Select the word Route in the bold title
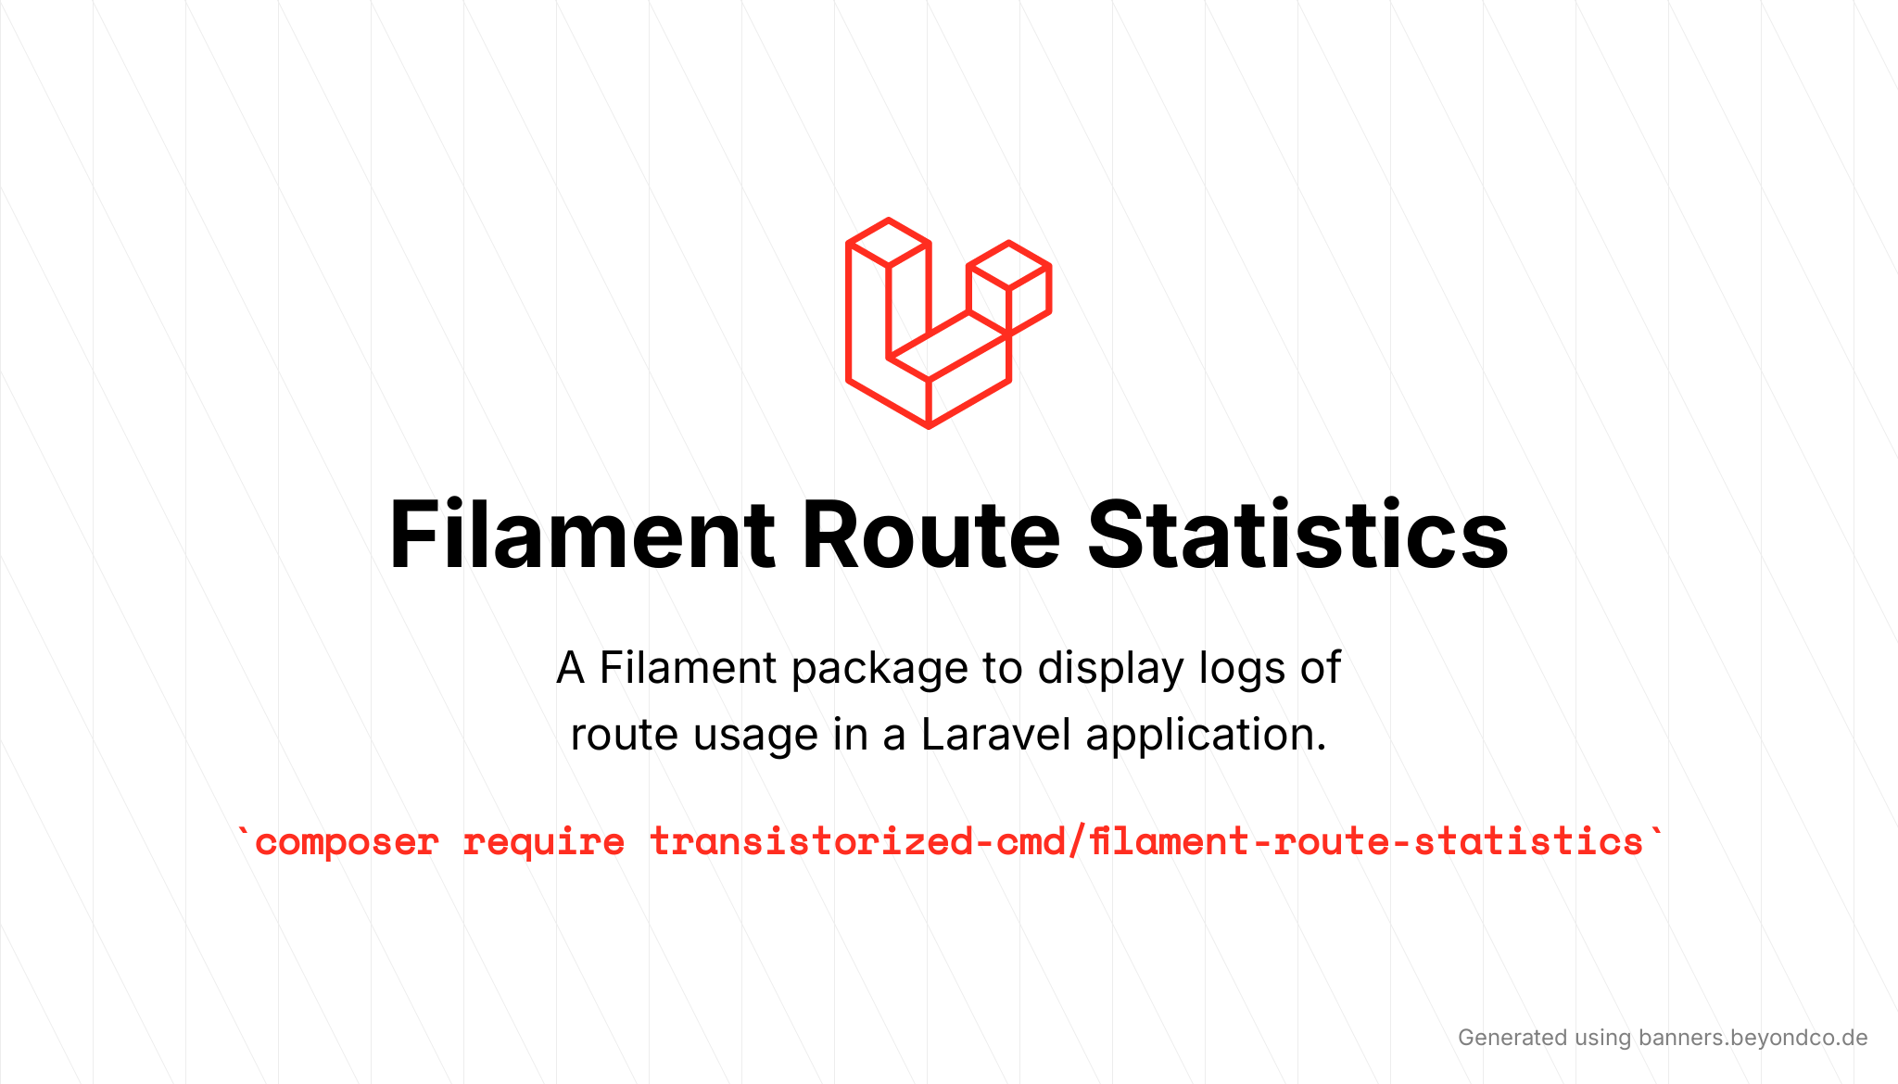click(x=930, y=535)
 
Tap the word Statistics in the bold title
click(x=1297, y=535)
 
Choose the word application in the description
click(x=1206, y=736)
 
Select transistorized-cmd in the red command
click(x=857, y=840)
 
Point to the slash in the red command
click(x=1077, y=840)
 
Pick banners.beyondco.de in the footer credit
click(x=1753, y=1038)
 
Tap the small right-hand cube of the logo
click(x=1009, y=287)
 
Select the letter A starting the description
click(x=571, y=669)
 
